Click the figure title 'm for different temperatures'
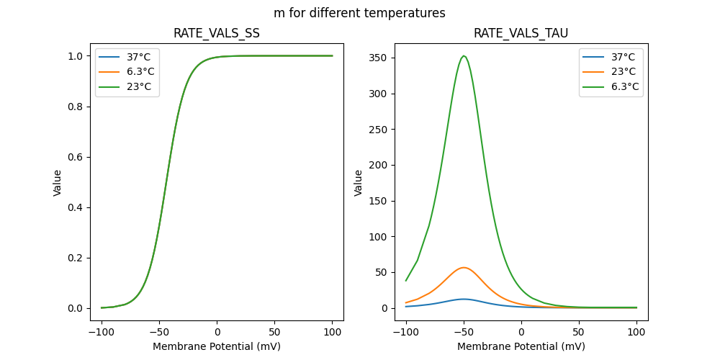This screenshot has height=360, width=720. pos(359,13)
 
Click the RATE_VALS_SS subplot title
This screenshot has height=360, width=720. pos(217,33)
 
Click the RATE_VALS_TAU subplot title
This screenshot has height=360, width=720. pos(521,33)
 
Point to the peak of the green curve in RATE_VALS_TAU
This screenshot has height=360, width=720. pos(464,56)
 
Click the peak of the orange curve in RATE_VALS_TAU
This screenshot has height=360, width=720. pos(464,268)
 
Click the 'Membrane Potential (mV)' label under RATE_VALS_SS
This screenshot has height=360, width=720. pos(217,346)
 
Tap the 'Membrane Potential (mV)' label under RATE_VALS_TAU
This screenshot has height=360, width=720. pos(521,346)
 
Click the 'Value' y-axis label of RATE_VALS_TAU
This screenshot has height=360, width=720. pos(359,182)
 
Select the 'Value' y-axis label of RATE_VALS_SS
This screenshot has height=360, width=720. pos(58,182)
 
